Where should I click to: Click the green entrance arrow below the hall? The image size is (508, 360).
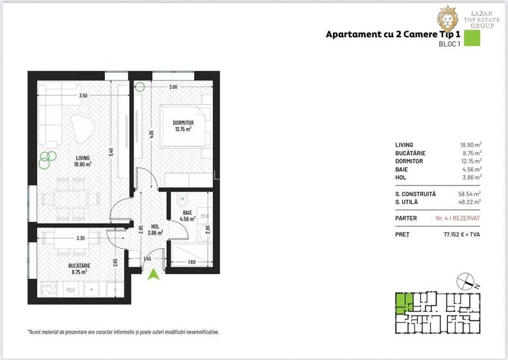153,275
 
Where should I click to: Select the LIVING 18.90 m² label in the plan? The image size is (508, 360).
82,160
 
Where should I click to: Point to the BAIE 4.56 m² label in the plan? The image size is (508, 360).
187,214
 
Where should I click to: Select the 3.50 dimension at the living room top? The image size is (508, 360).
82,96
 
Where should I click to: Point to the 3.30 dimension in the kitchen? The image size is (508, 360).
80,238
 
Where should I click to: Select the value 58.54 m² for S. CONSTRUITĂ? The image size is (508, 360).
469,193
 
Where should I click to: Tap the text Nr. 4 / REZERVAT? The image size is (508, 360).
458,218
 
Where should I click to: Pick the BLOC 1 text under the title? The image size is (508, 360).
449,45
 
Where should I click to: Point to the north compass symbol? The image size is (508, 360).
466,280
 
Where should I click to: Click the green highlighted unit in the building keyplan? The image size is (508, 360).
403,302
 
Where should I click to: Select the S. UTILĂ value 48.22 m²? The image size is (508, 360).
469,201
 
